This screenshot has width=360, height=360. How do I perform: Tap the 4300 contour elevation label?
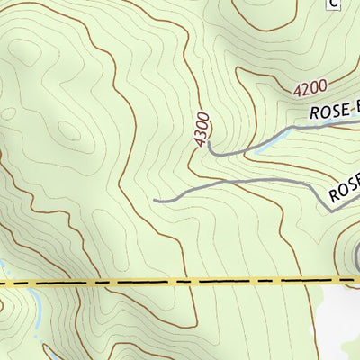pos(202,129)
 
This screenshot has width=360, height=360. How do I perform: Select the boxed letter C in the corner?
pos(333,4)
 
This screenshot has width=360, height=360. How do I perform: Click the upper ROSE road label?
pos(334,112)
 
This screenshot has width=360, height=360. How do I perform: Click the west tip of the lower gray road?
pos(156,200)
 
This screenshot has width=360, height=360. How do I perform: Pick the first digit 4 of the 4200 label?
pos(296,94)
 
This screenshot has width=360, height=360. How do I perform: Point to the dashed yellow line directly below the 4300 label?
pos(202,281)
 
